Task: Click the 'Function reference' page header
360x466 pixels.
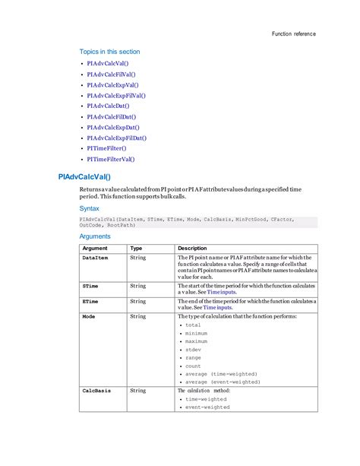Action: pos(293,34)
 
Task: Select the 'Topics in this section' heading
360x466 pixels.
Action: pos(109,52)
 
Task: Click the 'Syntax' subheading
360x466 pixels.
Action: pos(90,208)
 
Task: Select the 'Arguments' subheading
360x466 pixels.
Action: pos(96,236)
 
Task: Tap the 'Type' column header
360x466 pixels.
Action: pos(136,248)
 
